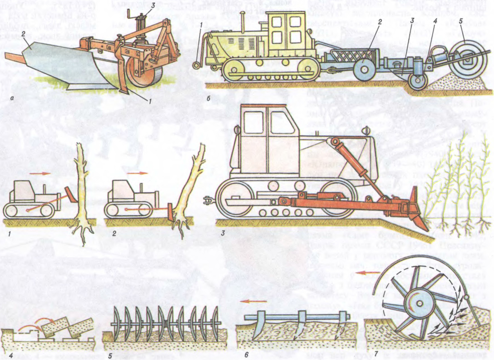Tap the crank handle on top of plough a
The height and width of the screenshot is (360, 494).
coord(131,14)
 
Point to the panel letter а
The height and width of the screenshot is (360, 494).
coord(11,98)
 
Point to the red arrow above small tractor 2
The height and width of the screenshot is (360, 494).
coord(137,173)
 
